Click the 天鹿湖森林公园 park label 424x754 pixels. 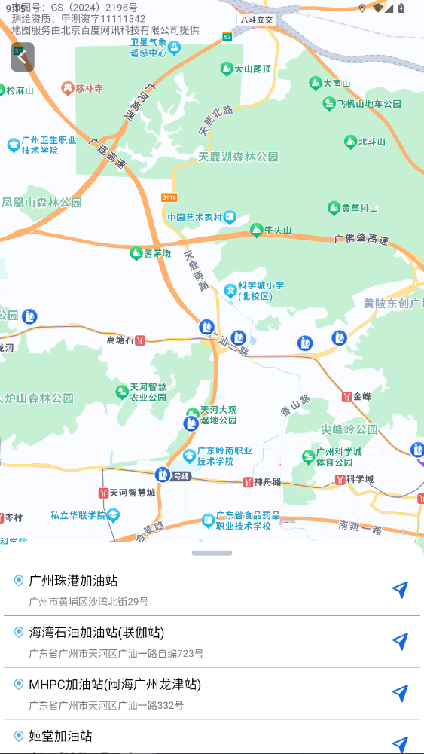[238, 157]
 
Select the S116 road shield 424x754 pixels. [169, 197]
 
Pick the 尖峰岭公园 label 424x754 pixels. [349, 429]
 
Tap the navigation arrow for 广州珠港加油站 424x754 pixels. [401, 590]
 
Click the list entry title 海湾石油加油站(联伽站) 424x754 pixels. [96, 632]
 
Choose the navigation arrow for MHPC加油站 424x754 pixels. [401, 693]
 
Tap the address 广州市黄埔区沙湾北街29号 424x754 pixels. [88, 602]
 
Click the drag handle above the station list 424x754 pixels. [212, 553]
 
